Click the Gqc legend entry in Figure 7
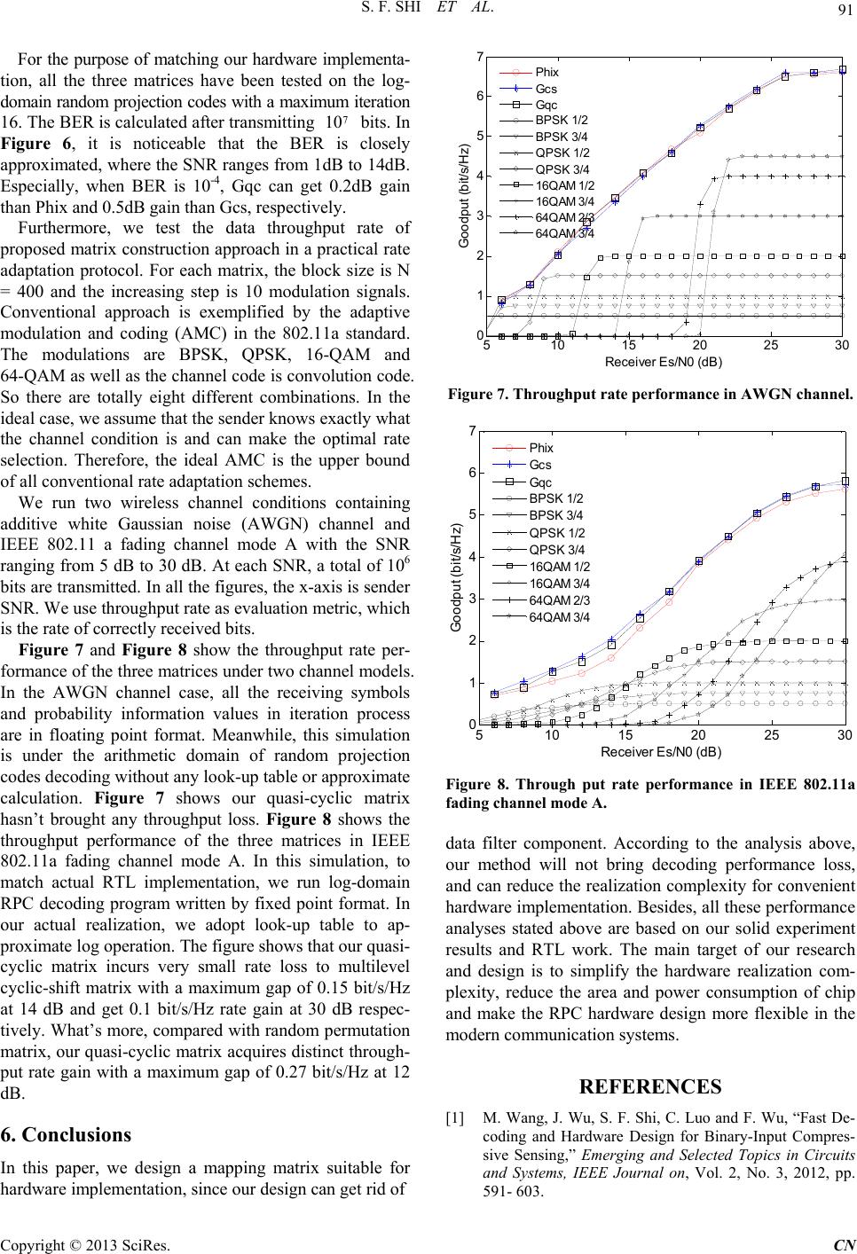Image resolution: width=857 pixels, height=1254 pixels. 546,103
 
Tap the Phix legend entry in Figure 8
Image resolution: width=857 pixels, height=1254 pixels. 541,448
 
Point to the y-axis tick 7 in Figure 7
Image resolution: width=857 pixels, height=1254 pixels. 480,57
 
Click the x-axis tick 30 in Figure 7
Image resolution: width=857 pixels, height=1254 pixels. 842,345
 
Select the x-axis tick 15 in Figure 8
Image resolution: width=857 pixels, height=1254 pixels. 625,735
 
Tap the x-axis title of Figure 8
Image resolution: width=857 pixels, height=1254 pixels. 661,752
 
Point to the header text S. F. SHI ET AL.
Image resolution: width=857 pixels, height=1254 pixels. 428,12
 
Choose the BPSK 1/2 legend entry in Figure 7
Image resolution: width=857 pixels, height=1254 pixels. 562,120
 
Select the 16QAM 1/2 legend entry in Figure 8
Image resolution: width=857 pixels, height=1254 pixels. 559,566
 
